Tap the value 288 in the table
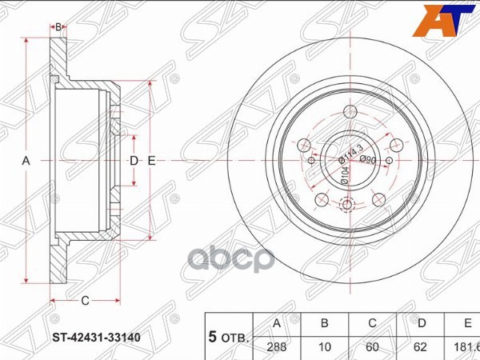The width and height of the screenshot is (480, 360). click(x=277, y=348)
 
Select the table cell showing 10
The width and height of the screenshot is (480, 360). click(x=325, y=348)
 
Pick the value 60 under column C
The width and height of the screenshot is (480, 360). click(x=372, y=348)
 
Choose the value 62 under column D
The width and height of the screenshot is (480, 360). click(x=420, y=348)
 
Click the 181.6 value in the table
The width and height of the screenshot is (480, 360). click(x=465, y=348)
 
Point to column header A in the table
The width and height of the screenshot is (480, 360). click(x=277, y=324)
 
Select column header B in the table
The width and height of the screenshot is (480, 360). click(x=325, y=324)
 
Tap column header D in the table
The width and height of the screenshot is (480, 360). click(x=420, y=324)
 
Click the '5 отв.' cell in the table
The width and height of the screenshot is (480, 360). click(x=229, y=336)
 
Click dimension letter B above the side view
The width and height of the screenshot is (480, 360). click(x=58, y=28)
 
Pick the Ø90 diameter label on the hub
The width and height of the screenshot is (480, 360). click(x=368, y=160)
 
